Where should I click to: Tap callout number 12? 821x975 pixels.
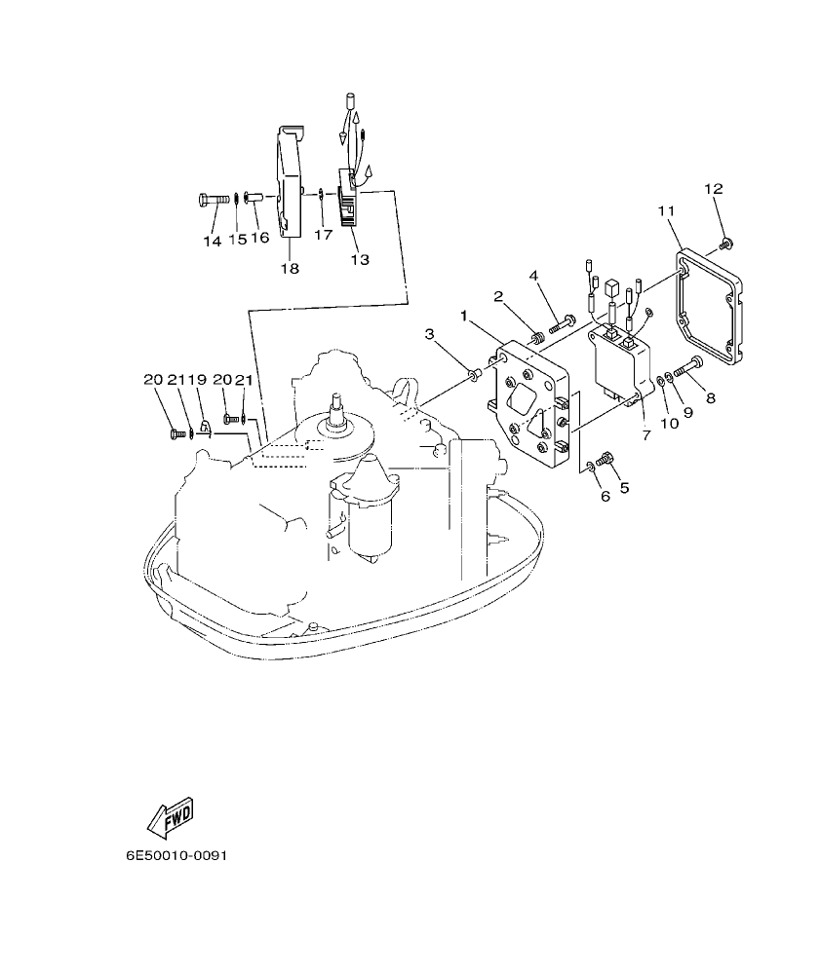coord(713,188)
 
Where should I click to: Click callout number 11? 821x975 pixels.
coord(666,210)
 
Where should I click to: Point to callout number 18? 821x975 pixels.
coord(290,268)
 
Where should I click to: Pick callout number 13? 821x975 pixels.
coord(360,260)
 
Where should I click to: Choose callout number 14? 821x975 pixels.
coord(213,241)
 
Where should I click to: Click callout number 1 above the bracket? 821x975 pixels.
coord(465,316)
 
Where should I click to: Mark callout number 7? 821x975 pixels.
coord(645,434)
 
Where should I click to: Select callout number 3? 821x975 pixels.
coord(429,335)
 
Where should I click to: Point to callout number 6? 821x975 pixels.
coord(605,496)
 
